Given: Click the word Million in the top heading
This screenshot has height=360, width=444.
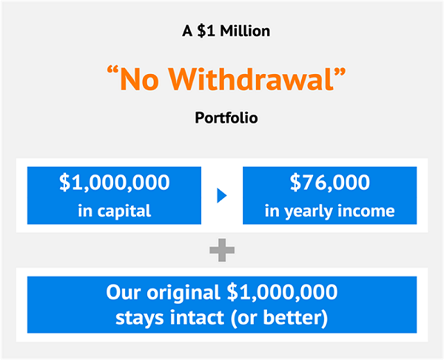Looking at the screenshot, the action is [245, 31].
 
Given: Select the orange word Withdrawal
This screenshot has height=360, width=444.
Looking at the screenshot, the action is [252, 79].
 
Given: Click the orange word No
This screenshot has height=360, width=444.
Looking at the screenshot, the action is [139, 79].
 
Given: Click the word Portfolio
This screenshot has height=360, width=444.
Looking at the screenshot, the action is [226, 118].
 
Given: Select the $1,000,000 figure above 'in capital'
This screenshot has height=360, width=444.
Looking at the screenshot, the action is [115, 183].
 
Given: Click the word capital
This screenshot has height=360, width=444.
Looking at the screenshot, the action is [124, 211].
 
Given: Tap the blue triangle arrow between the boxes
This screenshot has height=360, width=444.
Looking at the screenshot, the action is [222, 196].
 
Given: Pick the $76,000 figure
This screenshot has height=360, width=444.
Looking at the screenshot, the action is [330, 183].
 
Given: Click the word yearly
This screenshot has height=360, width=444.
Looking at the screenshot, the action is [309, 211].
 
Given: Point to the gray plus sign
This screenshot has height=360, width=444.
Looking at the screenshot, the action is [222, 250].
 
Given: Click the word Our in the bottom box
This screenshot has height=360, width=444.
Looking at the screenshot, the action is [123, 292].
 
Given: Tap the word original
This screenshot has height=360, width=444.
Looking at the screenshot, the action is [184, 293].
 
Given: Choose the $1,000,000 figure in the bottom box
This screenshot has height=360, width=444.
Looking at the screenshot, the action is [282, 293].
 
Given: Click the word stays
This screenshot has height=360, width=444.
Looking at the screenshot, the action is [140, 319].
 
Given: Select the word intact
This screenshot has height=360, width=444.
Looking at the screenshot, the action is [197, 318].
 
